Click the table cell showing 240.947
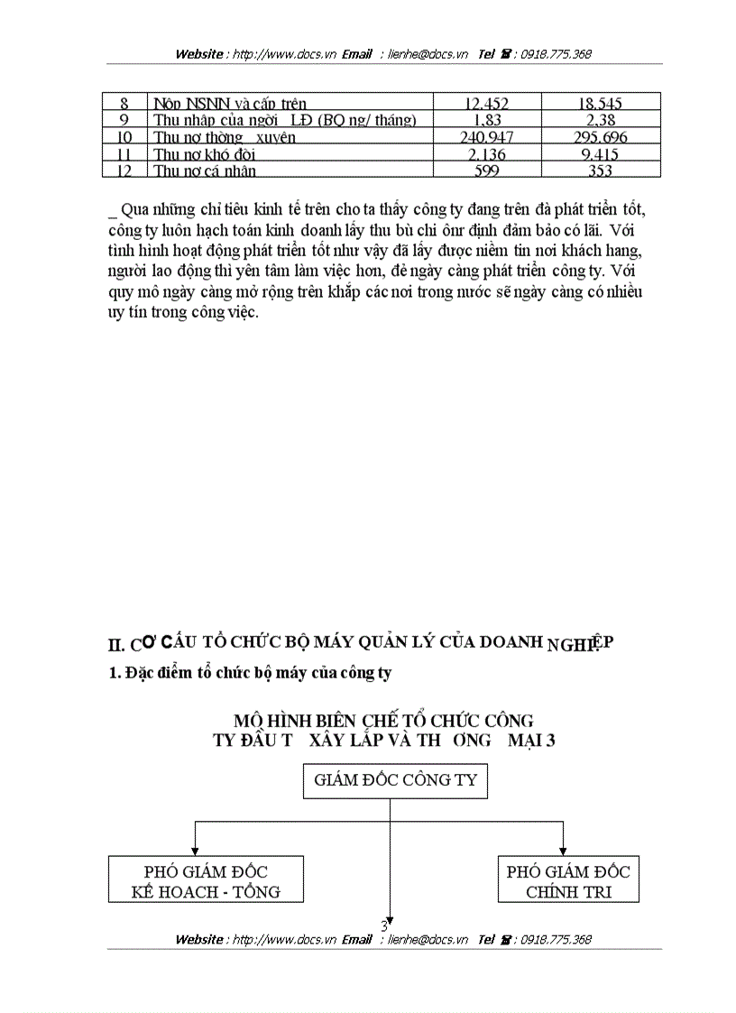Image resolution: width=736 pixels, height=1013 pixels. click(487, 137)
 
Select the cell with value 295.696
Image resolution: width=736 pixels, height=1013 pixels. click(601, 137)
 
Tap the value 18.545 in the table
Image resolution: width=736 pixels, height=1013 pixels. click(601, 104)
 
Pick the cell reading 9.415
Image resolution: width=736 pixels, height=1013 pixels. click(601, 154)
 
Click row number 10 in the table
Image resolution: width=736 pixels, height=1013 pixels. click(125, 137)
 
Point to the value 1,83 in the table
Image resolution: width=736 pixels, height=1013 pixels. click(487, 120)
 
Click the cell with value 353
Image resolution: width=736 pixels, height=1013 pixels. click(601, 170)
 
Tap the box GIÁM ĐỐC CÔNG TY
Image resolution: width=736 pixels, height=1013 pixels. click(390, 780)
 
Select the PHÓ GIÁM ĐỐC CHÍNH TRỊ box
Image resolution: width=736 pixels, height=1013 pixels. click(568, 881)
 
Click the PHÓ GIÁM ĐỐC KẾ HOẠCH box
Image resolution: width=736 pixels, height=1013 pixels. click(206, 881)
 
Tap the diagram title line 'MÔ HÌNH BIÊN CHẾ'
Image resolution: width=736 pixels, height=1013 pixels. click(383, 721)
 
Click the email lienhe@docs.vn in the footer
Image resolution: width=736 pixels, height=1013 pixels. click(428, 939)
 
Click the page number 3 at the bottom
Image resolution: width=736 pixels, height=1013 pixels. click(384, 926)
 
